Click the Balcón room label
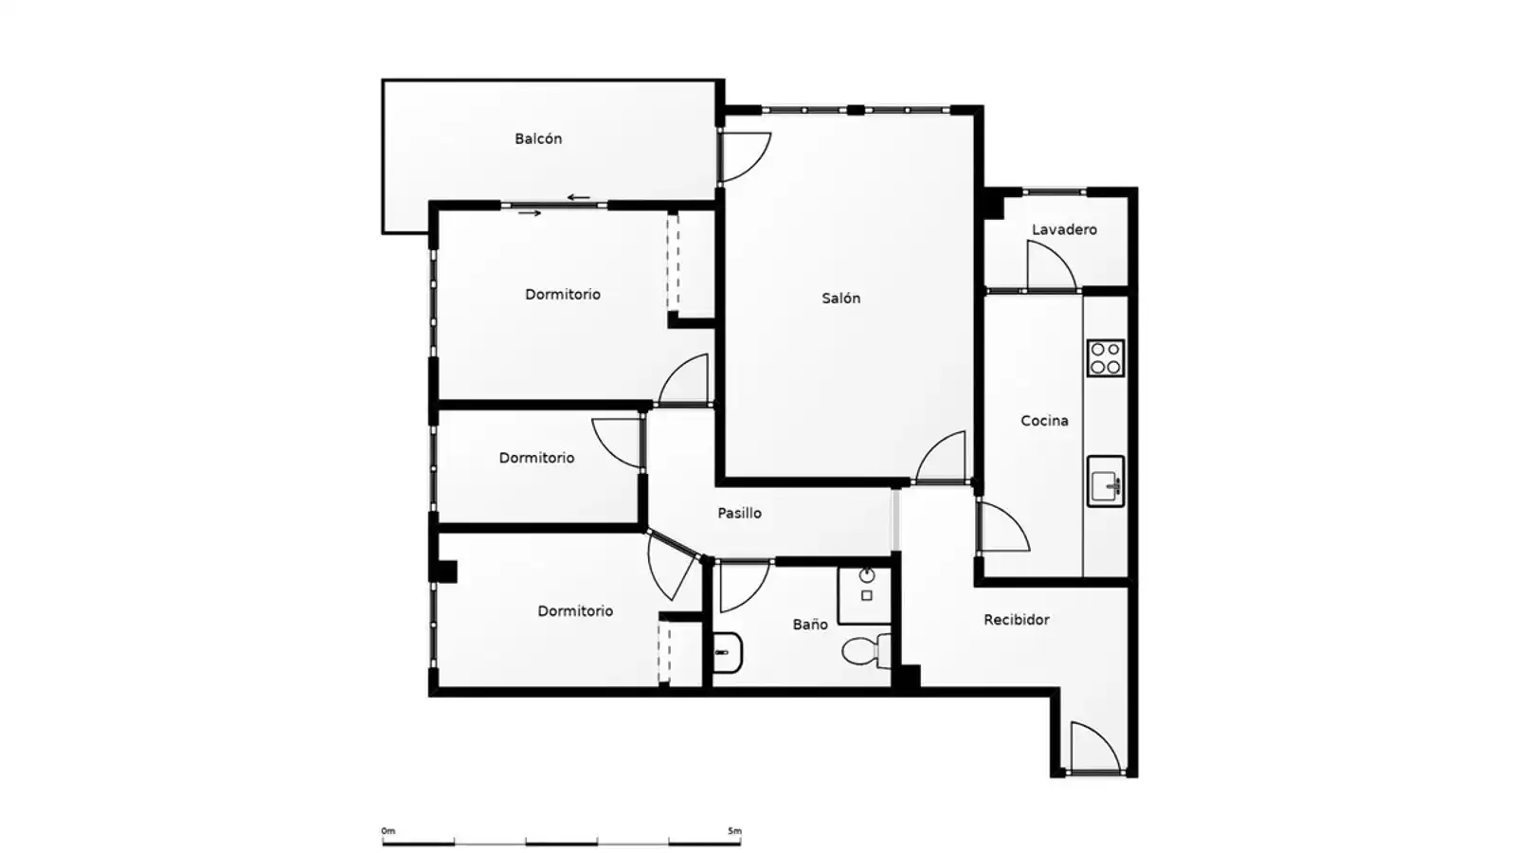coord(538,138)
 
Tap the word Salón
coord(841,298)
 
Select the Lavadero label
coord(1064,229)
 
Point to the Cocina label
coord(1044,421)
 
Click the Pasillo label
coord(739,513)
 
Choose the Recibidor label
coord(1017,620)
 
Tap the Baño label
coord(810,625)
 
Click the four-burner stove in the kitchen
coord(1106,358)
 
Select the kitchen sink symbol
coord(1106,481)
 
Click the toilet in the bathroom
coord(867,651)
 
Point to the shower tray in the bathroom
coord(864,594)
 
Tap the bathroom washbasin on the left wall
coord(728,653)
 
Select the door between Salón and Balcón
coord(745,157)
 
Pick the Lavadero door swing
coord(1052,264)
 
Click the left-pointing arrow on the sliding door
coord(579,198)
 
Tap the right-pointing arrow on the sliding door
coord(530,213)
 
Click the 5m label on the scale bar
coord(734,830)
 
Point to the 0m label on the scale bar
coord(388,830)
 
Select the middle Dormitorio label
coord(536,458)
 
